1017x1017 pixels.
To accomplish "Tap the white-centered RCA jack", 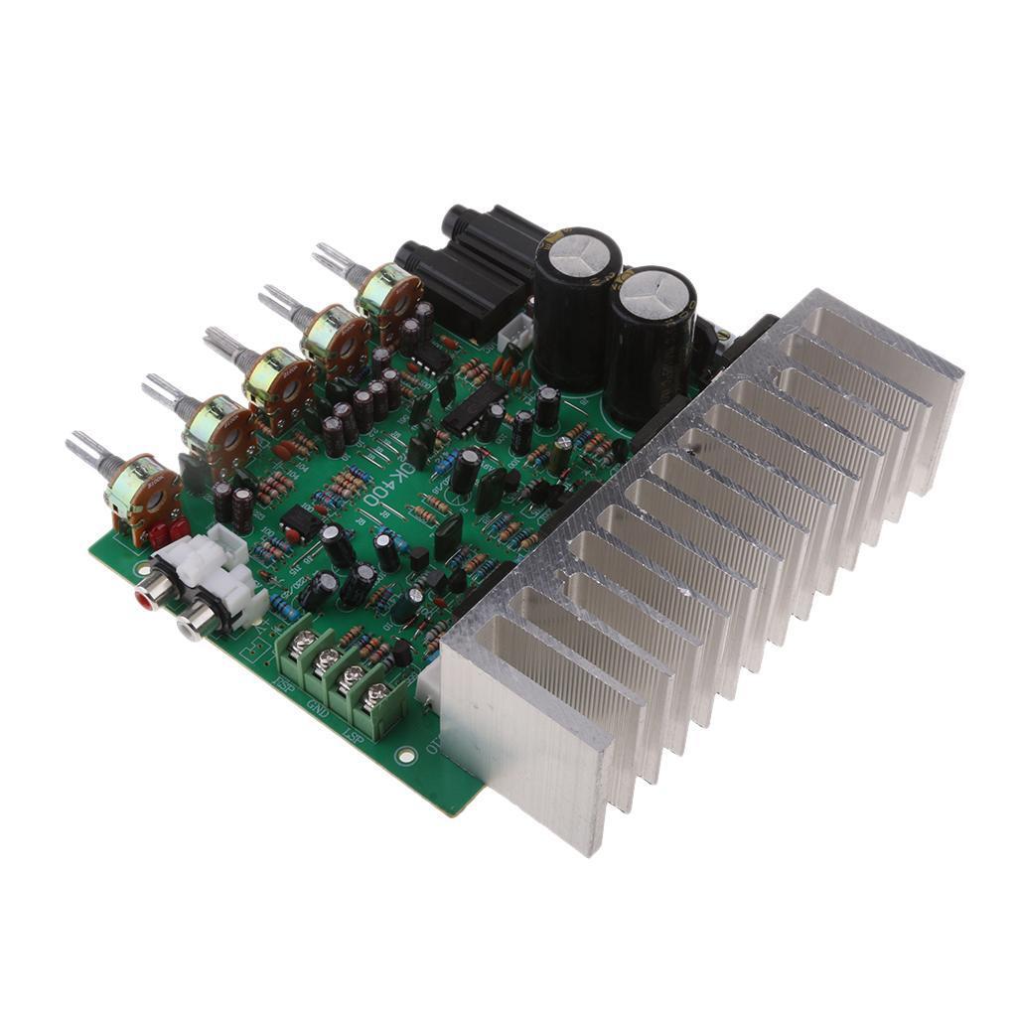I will pyautogui.click(x=191, y=625).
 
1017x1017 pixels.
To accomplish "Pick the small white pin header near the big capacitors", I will pyautogui.click(x=513, y=339).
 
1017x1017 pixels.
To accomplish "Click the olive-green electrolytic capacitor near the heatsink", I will pyautogui.click(x=562, y=455).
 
